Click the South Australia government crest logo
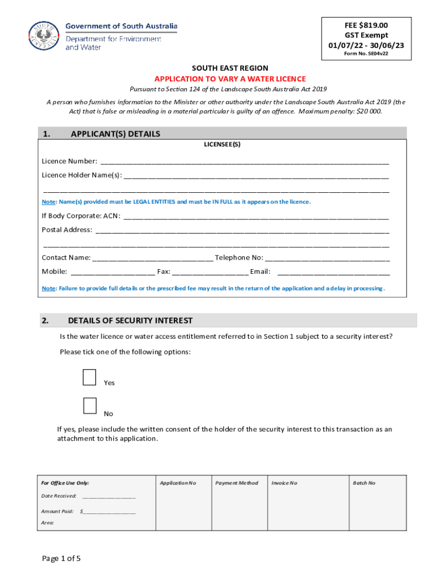[x=44, y=36]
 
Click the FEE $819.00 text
[x=366, y=25]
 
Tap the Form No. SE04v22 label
[x=366, y=54]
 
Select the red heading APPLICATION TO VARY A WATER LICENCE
[x=230, y=79]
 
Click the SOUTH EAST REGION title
[x=230, y=68]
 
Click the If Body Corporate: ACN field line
[x=256, y=216]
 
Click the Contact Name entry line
[x=152, y=258]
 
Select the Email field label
[x=260, y=271]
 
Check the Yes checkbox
[x=89, y=377]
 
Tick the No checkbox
[x=89, y=406]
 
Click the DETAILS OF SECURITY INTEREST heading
[x=130, y=321]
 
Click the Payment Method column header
[x=236, y=483]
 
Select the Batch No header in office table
[x=364, y=483]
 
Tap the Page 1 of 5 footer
[x=61, y=559]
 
